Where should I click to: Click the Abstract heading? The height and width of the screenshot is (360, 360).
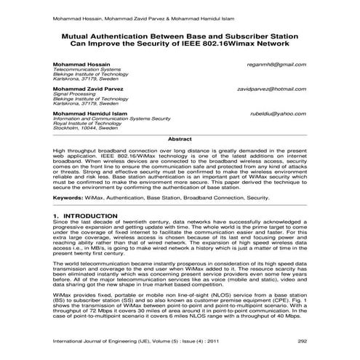pos(180,138)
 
